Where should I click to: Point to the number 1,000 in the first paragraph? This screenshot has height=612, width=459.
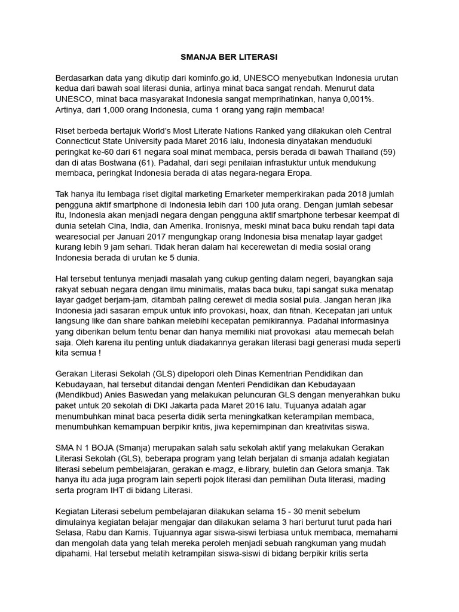pos(115,110)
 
